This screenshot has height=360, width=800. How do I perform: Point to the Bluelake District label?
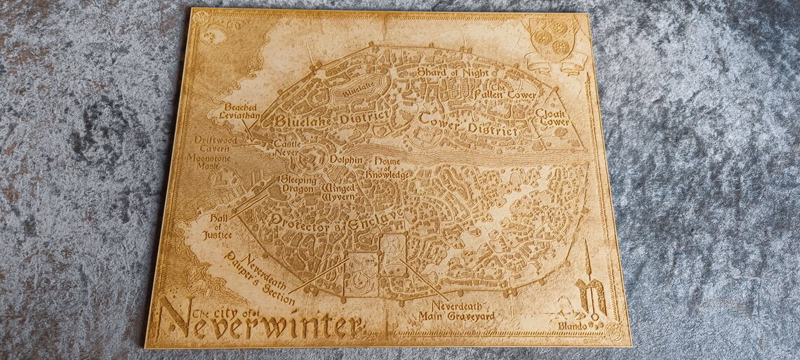331,120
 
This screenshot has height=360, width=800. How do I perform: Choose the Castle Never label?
286,147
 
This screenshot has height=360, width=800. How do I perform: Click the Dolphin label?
347,160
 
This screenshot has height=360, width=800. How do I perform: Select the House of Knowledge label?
387,167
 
